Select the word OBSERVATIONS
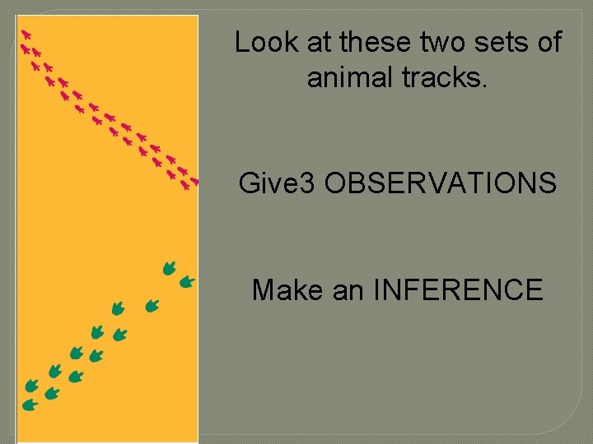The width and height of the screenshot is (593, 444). tap(440, 183)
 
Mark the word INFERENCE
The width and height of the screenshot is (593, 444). tap(458, 289)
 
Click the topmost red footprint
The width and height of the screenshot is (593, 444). tap(26, 35)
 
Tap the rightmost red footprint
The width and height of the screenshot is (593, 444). tap(194, 181)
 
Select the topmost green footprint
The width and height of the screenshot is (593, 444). tap(169, 267)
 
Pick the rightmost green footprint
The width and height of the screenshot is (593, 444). tap(187, 282)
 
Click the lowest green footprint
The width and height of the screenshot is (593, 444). tap(30, 405)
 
